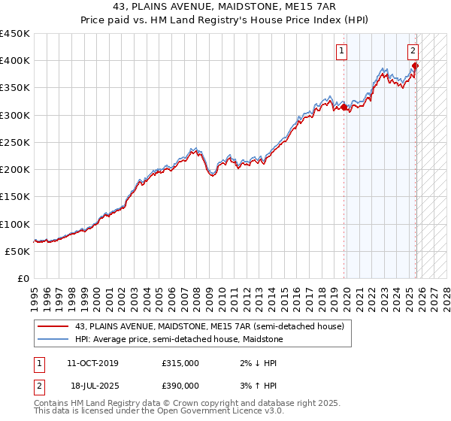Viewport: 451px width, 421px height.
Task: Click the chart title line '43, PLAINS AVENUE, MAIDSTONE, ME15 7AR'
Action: (x=225, y=7)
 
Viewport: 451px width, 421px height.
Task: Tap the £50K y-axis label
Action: (x=18, y=251)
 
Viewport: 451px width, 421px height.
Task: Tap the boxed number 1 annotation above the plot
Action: (x=342, y=51)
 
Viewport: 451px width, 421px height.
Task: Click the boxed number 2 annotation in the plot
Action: (x=413, y=51)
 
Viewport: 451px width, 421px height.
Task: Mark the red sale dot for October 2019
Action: (x=344, y=108)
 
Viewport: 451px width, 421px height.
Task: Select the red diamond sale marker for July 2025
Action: (x=415, y=65)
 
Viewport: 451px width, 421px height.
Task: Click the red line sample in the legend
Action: (x=53, y=326)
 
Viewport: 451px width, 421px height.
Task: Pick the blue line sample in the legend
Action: (x=53, y=339)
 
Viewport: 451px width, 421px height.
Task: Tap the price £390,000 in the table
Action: (x=180, y=386)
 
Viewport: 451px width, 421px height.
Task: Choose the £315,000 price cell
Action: (x=180, y=363)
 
